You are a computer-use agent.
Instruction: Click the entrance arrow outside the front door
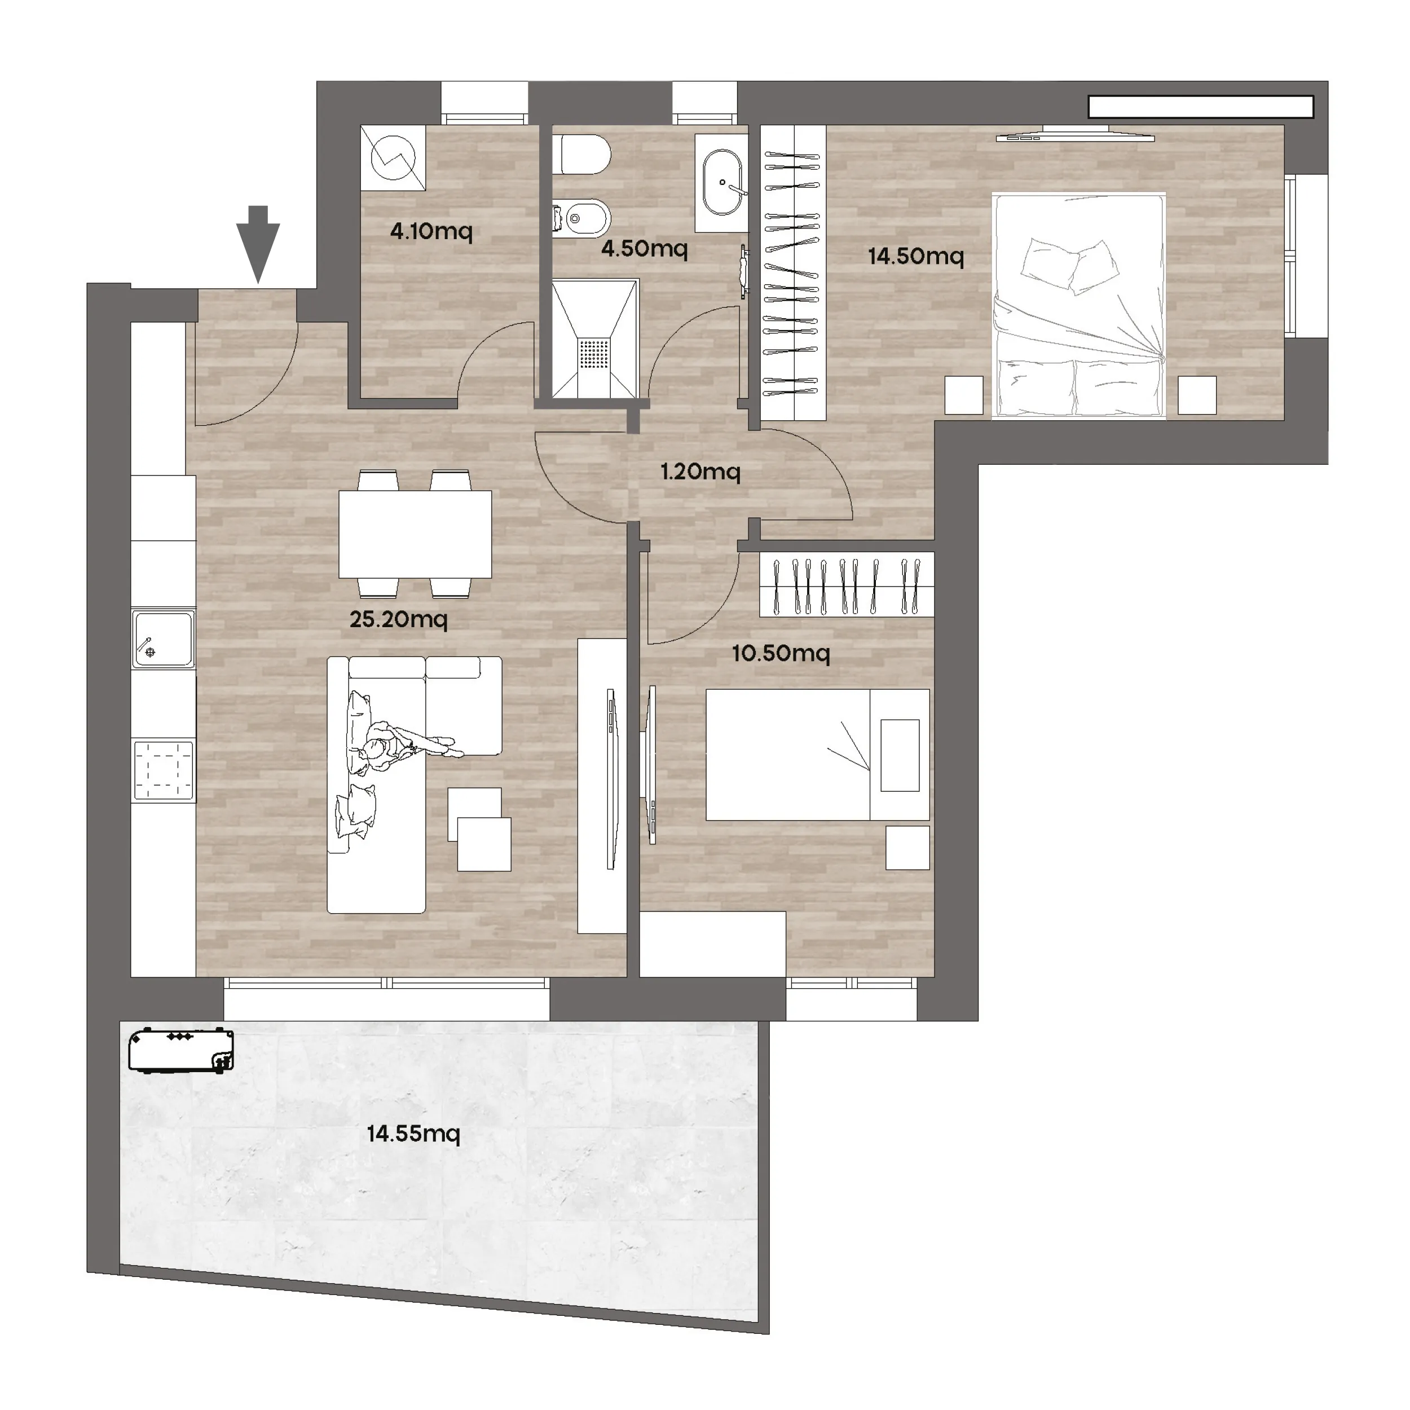258,244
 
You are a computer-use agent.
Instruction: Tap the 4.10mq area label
431,231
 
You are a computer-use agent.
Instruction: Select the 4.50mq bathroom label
645,248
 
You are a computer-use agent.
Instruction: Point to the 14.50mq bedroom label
916,256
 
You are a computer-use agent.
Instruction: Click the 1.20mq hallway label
700,472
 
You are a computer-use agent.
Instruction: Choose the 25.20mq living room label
399,620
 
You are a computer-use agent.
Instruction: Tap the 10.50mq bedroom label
781,653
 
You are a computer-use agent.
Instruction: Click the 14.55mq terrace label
413,1134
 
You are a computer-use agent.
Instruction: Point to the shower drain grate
593,355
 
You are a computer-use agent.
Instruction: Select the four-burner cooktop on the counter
164,770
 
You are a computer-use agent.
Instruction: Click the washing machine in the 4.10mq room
393,158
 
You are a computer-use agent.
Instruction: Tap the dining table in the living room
415,534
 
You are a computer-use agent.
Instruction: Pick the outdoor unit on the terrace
181,1050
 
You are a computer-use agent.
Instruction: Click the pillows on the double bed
1069,263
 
